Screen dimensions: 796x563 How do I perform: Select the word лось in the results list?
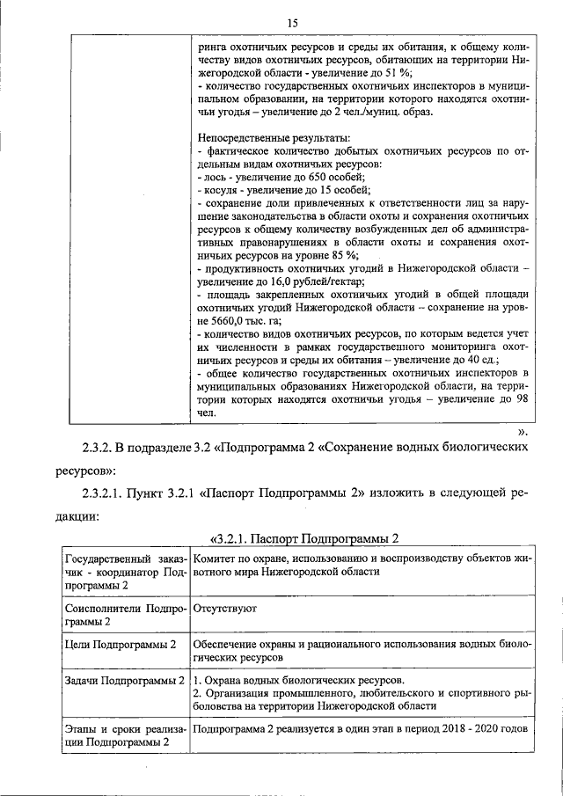[214, 177]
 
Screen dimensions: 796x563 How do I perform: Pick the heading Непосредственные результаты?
[274, 138]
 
